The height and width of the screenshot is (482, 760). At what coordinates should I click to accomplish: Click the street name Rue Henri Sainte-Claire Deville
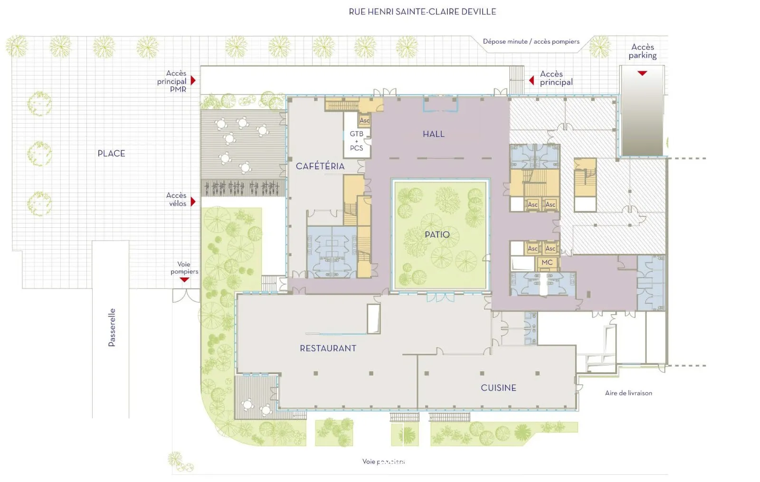point(422,12)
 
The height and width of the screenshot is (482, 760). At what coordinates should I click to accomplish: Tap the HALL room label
point(433,135)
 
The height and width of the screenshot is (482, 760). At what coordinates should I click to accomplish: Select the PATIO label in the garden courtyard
point(437,235)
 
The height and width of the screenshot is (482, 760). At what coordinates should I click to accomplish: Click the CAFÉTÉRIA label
point(320,166)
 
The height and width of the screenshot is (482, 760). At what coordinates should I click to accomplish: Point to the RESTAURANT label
point(328,348)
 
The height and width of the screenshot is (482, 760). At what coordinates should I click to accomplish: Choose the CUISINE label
point(498,388)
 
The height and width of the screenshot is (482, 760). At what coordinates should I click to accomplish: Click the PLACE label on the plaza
point(111,154)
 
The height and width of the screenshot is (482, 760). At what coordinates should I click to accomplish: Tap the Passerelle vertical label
point(112,328)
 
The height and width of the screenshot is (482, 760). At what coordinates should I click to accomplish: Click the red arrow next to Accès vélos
point(193,202)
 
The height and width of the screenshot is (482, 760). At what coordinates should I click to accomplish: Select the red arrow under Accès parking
point(642,73)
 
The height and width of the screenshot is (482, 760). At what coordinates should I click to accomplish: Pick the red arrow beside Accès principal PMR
point(193,81)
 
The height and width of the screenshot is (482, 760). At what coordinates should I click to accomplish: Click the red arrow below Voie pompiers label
point(184,280)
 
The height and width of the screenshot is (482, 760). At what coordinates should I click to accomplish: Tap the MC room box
point(547,262)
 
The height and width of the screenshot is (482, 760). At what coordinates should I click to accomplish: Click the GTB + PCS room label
point(356,141)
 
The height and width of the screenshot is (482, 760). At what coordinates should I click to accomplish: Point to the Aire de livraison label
point(628,393)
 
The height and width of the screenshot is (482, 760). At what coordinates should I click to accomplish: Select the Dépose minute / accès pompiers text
point(531,42)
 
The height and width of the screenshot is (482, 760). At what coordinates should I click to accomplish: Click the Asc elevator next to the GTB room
point(364,120)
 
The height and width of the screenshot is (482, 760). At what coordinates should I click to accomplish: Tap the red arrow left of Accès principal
point(532,80)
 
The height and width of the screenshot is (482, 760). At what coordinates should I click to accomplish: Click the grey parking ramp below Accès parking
point(642,114)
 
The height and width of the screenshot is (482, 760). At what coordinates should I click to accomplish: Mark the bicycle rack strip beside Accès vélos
point(243,188)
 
